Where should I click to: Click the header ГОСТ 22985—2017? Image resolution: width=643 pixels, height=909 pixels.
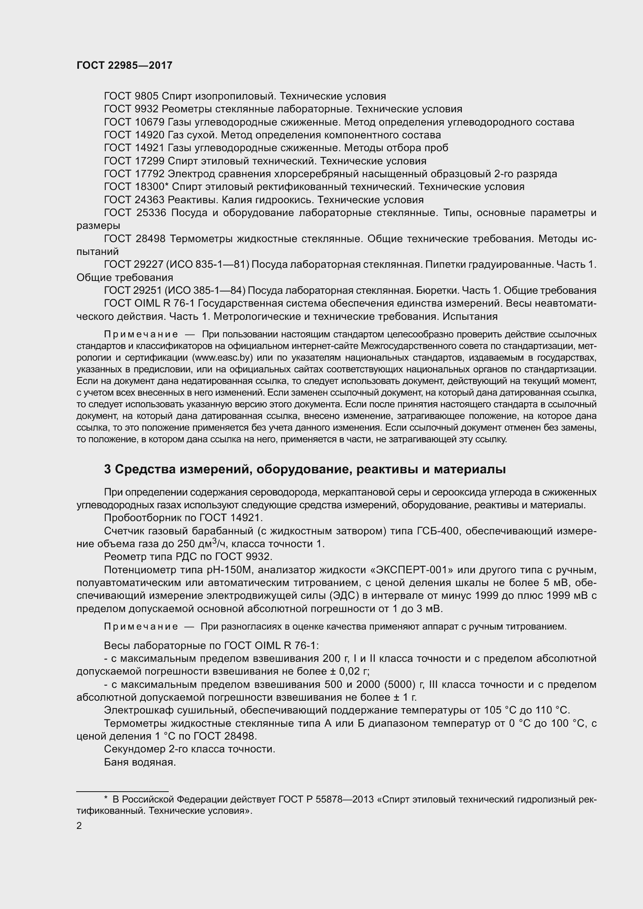(x=124, y=65)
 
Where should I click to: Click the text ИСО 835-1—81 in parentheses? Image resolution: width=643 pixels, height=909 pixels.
(x=208, y=265)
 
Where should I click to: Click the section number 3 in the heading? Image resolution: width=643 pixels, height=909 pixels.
(x=107, y=469)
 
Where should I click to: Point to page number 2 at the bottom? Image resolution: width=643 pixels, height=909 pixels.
(x=79, y=826)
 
